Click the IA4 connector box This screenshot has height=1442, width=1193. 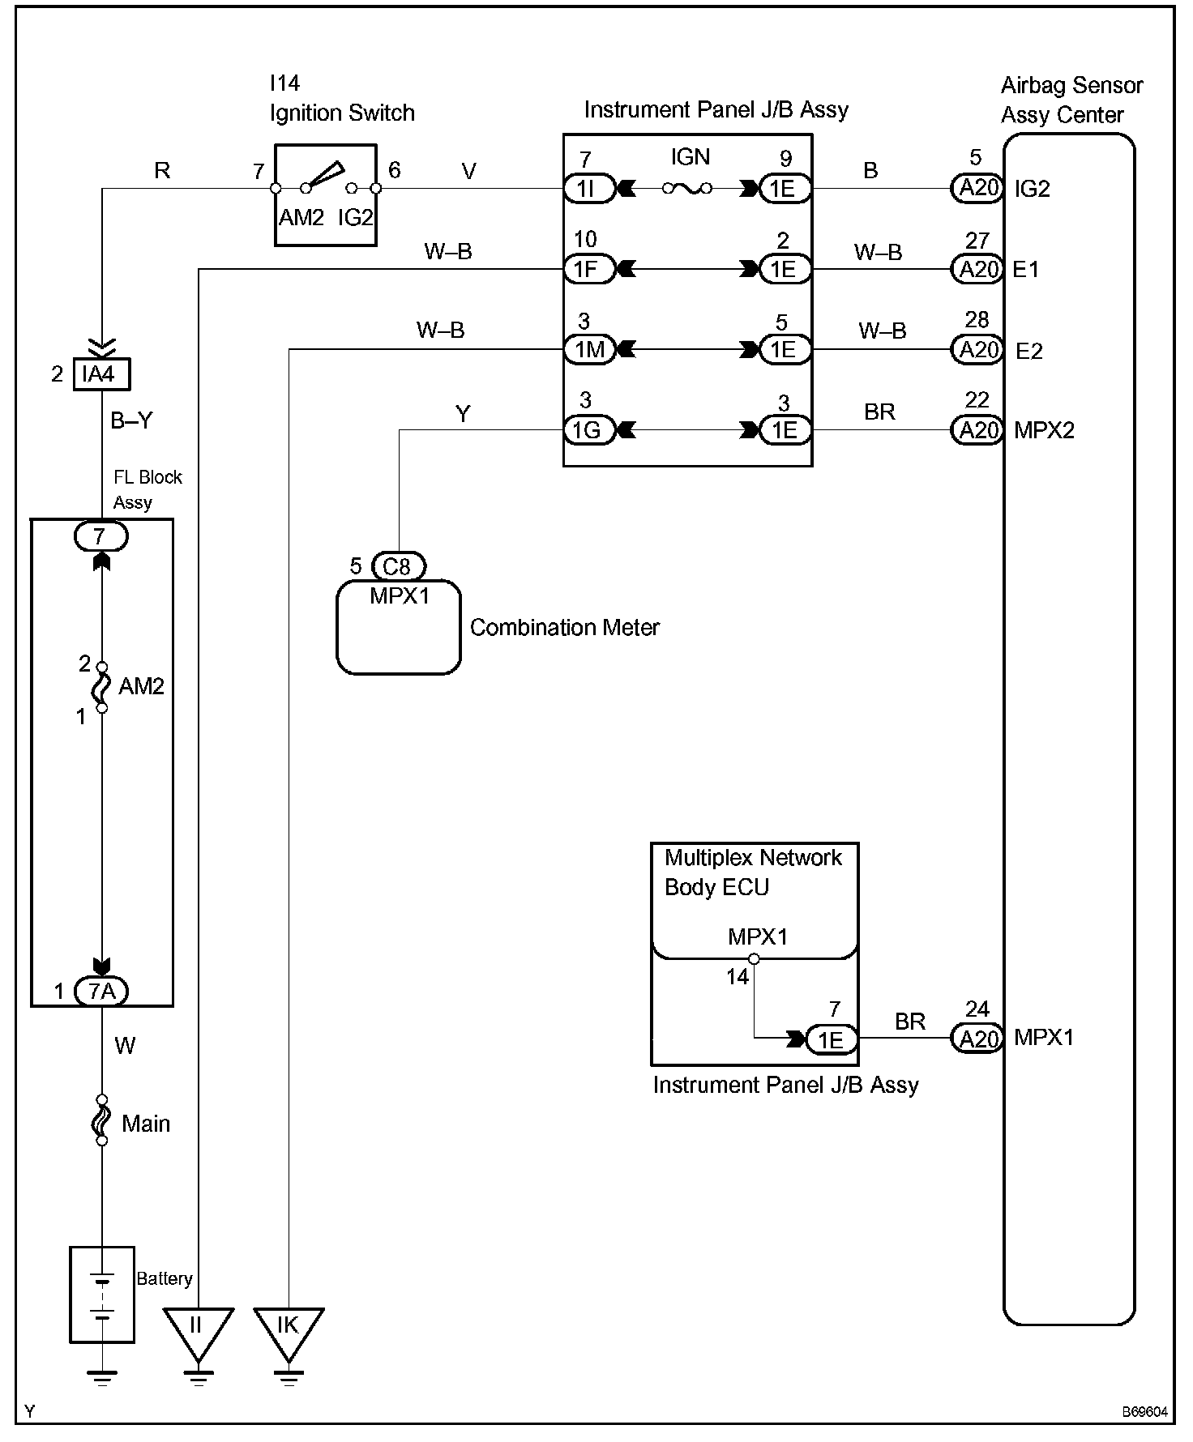point(101,374)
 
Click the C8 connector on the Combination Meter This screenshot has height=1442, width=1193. point(398,565)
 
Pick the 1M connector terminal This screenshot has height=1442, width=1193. point(589,349)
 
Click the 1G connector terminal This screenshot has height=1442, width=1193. point(589,429)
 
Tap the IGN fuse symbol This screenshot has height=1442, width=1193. point(687,189)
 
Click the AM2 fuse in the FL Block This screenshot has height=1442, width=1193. point(102,686)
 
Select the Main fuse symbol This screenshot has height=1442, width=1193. point(102,1120)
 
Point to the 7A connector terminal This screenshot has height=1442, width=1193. point(101,991)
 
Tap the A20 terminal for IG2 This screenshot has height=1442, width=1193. point(977,189)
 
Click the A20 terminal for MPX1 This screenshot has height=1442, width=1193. point(977,1038)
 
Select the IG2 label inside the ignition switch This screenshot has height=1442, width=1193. point(355,217)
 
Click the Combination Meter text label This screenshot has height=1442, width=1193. point(565,627)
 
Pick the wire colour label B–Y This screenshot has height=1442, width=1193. point(131,420)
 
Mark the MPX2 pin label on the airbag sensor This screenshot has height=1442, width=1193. point(1044,430)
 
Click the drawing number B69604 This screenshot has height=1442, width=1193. point(1145,1412)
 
